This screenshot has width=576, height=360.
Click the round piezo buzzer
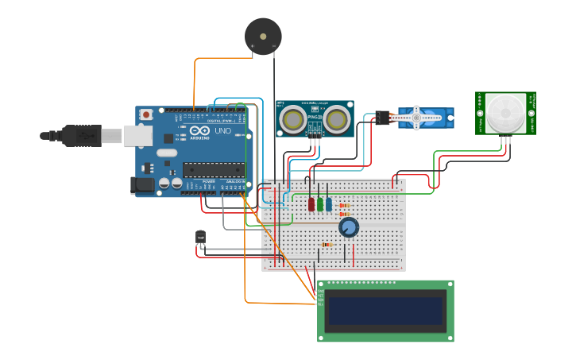click(x=263, y=36)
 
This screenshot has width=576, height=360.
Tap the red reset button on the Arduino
click(x=146, y=115)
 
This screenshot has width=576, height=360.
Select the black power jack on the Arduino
click(x=142, y=186)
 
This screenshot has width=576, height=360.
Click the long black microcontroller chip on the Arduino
click(x=214, y=168)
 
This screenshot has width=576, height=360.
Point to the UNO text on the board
click(x=223, y=130)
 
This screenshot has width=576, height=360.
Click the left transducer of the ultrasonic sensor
click(x=293, y=119)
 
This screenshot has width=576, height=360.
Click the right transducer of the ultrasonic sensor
click(x=337, y=119)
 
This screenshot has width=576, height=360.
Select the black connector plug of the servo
click(x=384, y=118)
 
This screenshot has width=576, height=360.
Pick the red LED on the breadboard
click(x=311, y=204)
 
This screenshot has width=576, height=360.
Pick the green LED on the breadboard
click(x=320, y=204)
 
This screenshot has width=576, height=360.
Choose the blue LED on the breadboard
click(x=329, y=204)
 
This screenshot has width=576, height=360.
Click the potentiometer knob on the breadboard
click(x=348, y=228)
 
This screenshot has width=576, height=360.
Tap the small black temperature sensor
click(x=200, y=237)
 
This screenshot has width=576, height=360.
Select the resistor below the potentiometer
click(x=327, y=245)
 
